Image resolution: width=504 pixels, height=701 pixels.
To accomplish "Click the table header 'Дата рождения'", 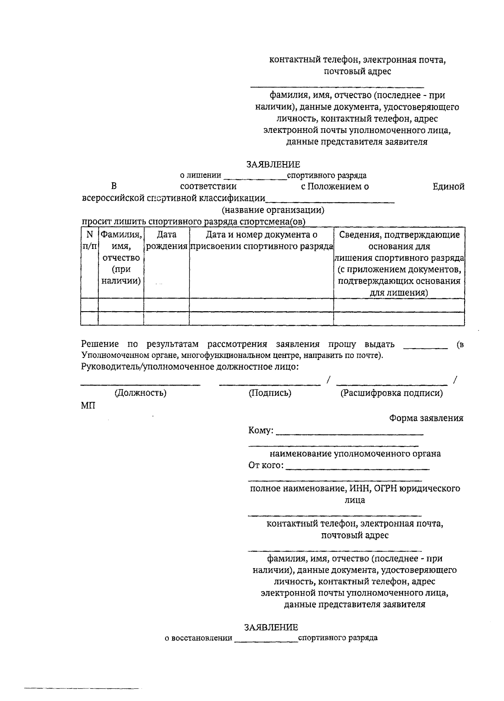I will pos(166,240).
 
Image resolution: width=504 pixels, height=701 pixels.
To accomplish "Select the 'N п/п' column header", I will pos(89,240).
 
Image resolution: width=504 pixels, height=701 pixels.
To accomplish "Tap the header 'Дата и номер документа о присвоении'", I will pos(261,240).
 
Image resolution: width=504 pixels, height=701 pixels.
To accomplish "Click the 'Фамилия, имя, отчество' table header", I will pos(121,257).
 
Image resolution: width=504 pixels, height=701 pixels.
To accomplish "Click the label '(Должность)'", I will pos(140,393).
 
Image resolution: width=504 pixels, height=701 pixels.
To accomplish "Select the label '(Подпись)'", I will pos(270,393).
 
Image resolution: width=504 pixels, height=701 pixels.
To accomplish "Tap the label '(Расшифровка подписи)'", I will pos(391,393).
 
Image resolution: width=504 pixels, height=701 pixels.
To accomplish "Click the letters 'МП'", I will pos(88,405).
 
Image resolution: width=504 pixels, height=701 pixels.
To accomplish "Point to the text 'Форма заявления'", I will pos(426,418).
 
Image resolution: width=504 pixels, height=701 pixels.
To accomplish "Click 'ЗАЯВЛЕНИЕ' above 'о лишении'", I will pos(273,164).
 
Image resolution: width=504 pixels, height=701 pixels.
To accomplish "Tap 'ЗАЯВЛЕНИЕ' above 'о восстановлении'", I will pos(271,627).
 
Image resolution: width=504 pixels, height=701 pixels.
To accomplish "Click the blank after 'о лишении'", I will pos(255,178).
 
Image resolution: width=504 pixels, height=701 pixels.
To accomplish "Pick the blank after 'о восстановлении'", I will pos(266,640).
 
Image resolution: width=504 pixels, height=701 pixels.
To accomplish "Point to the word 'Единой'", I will pos(448,187).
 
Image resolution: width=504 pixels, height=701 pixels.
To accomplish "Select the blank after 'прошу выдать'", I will pos(425,347).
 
